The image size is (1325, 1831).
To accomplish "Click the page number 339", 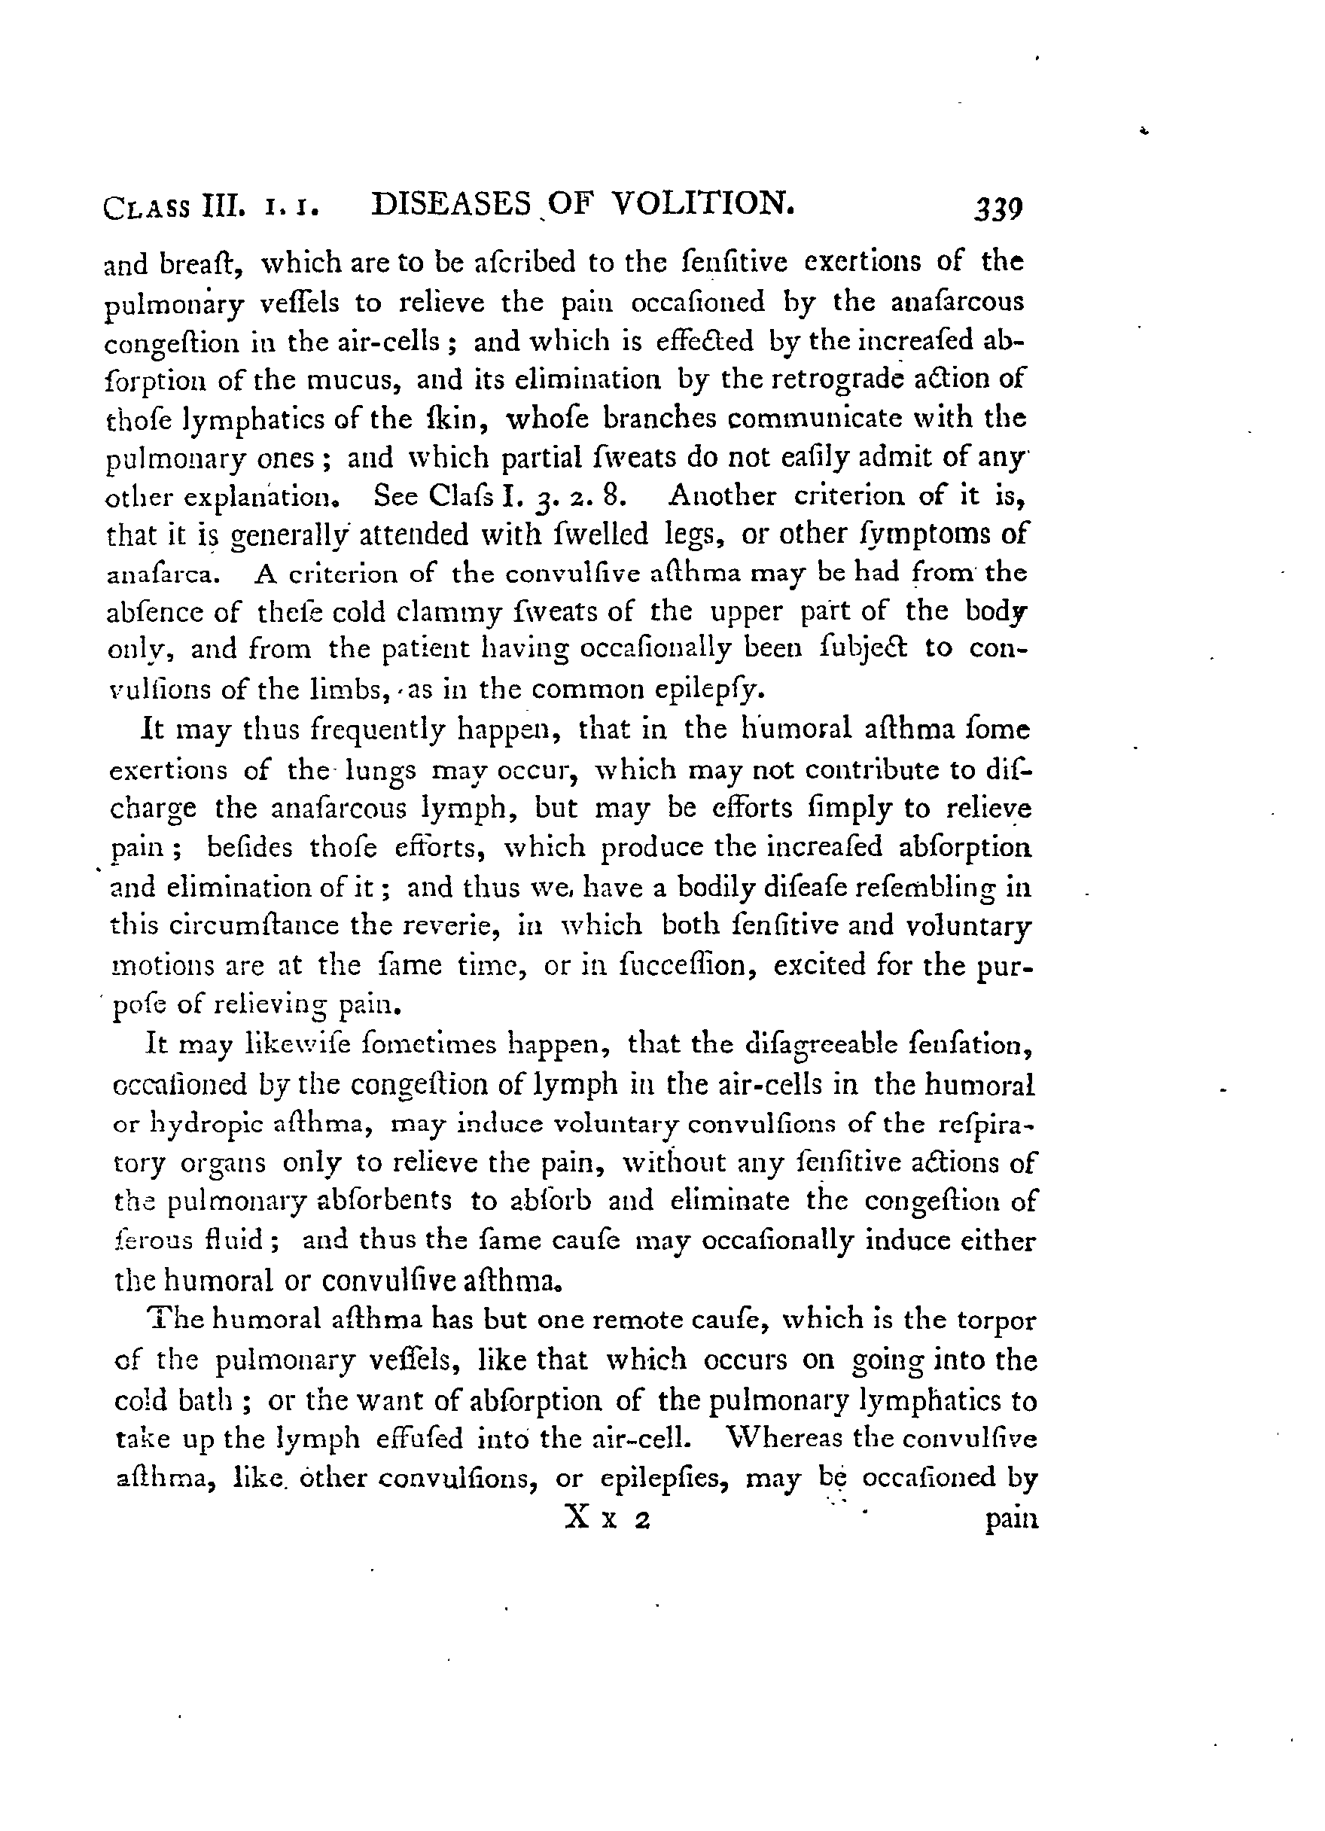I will pos(999,210).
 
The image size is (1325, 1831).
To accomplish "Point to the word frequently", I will pos(341,730).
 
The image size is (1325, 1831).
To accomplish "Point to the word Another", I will pos(722,495).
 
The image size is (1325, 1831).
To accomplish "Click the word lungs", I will pos(381,772).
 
